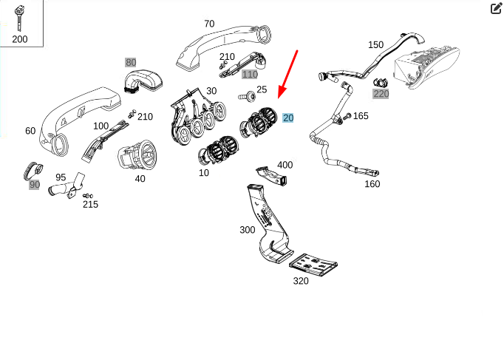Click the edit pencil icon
pyautogui.click(x=497, y=9)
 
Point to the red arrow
pyautogui.click(x=287, y=73)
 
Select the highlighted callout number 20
pyautogui.click(x=288, y=118)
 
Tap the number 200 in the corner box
pyautogui.click(x=20, y=38)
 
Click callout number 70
pyautogui.click(x=209, y=23)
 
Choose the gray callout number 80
pyautogui.click(x=131, y=62)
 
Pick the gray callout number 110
pyautogui.click(x=250, y=74)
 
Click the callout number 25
pyautogui.click(x=262, y=90)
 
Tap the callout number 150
pyautogui.click(x=376, y=44)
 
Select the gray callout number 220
pyautogui.click(x=381, y=93)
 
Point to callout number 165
pyautogui.click(x=361, y=115)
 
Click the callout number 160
pyautogui.click(x=372, y=183)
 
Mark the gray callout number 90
pyautogui.click(x=35, y=184)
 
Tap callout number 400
pyautogui.click(x=285, y=164)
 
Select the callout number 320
pyautogui.click(x=301, y=281)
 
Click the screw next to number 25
pyautogui.click(x=243, y=96)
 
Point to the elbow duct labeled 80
pyautogui.click(x=143, y=80)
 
